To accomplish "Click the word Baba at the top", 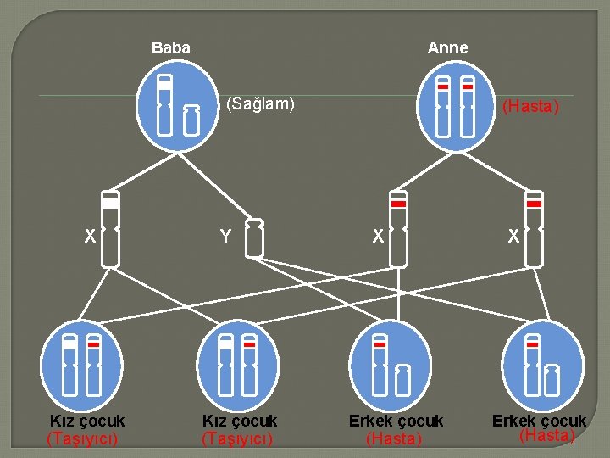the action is [171, 48].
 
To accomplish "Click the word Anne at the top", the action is [447, 48].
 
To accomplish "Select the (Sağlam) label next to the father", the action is [260, 104].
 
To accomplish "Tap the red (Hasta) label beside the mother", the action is [530, 107].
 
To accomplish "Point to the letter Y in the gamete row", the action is [225, 237].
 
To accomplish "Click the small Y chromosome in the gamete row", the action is [253, 238].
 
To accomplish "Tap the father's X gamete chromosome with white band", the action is [110, 229].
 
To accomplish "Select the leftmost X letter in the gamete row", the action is [90, 237].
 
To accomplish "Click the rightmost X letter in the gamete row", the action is [513, 238].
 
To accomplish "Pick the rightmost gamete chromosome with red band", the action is [534, 229].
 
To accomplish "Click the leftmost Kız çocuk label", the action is [87, 421].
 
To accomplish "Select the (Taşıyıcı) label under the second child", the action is [237, 438].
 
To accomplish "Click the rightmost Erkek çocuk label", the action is [539, 421].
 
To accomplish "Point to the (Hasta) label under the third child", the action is [393, 438].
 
